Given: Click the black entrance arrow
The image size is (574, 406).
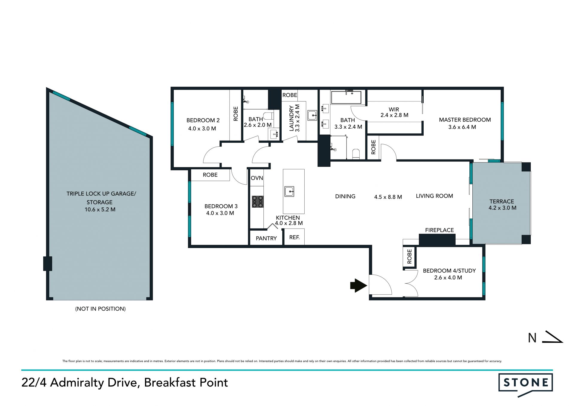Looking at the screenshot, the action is click(358, 285).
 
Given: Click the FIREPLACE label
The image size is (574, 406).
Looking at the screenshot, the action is click(439, 230).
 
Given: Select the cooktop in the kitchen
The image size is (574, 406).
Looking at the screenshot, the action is click(257, 201).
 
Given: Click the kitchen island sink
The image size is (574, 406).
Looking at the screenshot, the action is click(289, 191).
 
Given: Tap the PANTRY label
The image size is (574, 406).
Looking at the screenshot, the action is click(266, 238).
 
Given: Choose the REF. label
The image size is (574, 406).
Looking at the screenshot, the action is click(294, 237).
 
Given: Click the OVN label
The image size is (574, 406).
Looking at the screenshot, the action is click(257, 178).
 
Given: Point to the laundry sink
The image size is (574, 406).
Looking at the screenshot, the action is click(312, 115).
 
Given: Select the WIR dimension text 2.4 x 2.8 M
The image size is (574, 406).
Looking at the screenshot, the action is click(394, 115).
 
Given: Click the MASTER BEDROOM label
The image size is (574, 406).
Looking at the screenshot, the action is click(465, 120).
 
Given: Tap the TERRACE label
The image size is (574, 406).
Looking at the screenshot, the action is click(502, 201).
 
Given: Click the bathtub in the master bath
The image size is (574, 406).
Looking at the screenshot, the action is click(346, 97).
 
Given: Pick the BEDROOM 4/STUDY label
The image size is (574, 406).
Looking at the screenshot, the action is click(449, 271).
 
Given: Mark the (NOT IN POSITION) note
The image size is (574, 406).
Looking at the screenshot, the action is click(100, 309).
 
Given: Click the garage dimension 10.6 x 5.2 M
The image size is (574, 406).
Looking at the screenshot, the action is click(100, 209).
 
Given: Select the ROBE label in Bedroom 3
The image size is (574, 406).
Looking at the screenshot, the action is click(210, 175).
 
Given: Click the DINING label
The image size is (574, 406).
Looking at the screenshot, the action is click(345, 196).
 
